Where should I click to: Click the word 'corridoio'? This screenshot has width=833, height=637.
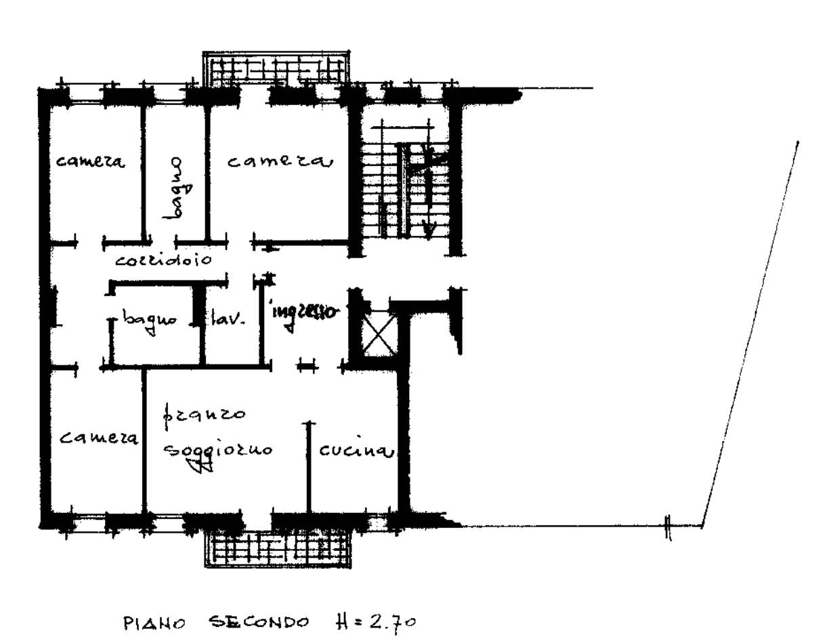tap(164, 260)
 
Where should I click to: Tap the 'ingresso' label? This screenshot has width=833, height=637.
tap(303, 312)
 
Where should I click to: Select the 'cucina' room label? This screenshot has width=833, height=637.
tap(356, 451)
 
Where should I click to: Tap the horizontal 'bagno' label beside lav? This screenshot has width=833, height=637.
tap(149, 321)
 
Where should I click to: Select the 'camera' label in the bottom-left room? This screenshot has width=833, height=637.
tap(99, 438)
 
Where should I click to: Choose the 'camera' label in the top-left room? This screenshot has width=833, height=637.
tap(90, 161)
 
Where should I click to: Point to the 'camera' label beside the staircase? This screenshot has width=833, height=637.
tap(280, 161)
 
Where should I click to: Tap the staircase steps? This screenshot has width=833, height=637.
tap(404, 190)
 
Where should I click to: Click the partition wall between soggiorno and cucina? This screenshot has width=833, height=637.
tap(309, 467)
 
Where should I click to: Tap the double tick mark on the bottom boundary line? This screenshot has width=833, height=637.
tap(668, 527)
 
